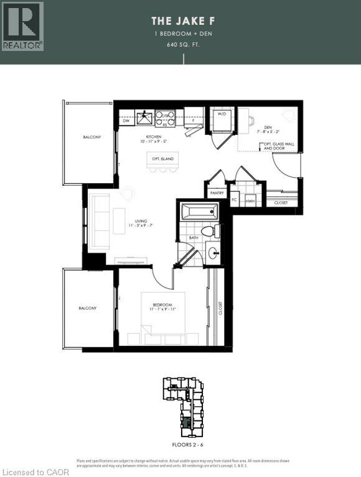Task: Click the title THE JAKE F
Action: pos(184,20)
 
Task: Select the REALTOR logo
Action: pos(22,25)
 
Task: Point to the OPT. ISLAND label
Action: pos(162,160)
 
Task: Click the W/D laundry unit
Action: pos(221,116)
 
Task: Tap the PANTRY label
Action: pos(215,193)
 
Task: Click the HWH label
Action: pos(250,201)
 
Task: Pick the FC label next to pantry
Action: pos(235,201)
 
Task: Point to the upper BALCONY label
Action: pos(91,137)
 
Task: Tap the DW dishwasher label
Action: pos(126,121)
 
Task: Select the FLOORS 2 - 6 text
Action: pos(184,445)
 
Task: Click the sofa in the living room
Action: pos(99,222)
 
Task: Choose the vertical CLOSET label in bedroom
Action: pos(220,309)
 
